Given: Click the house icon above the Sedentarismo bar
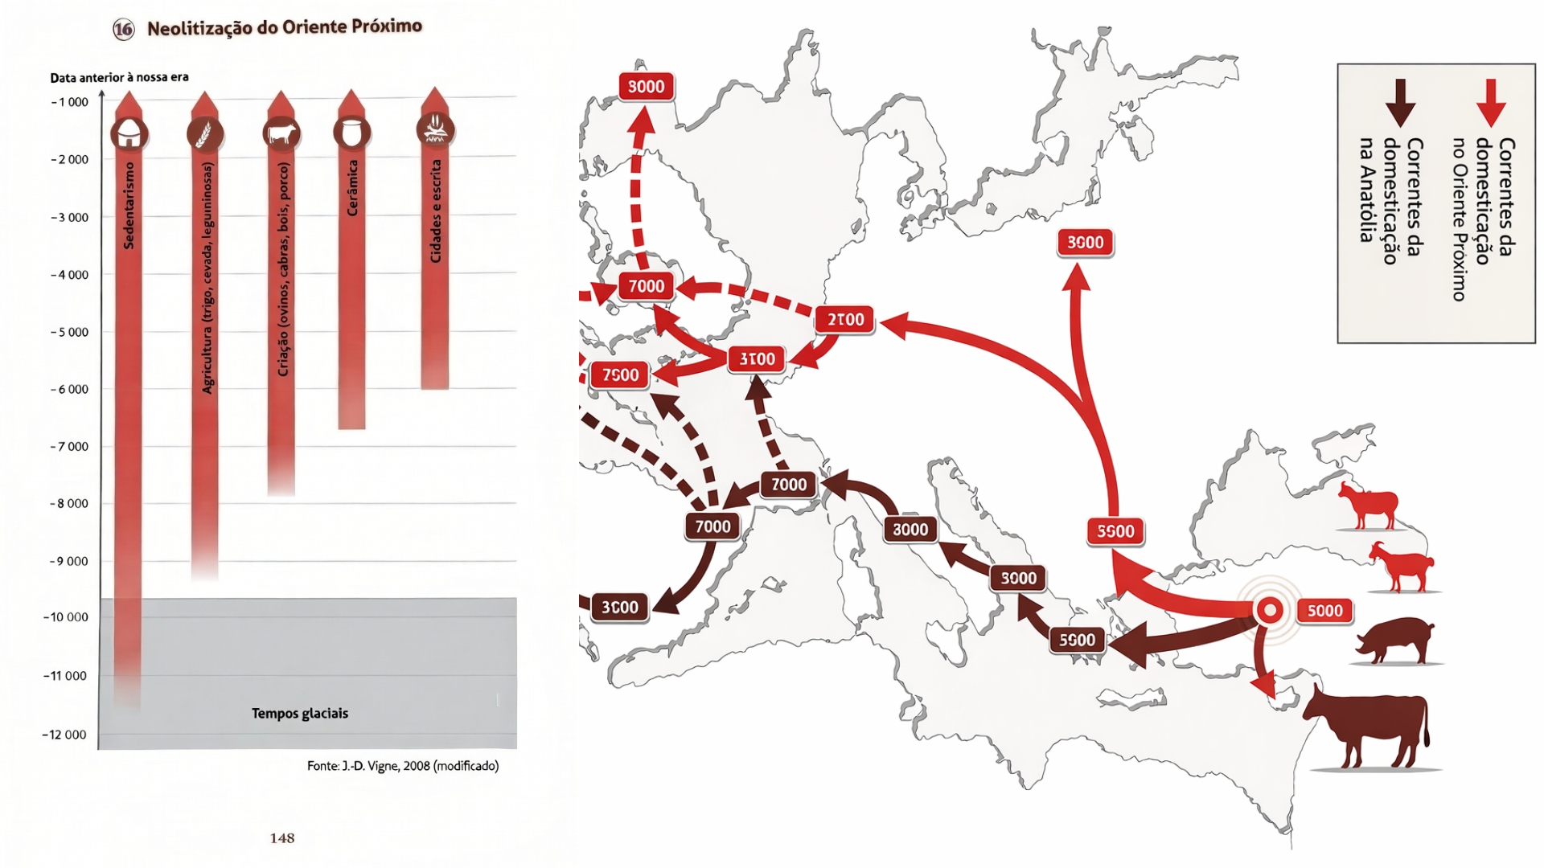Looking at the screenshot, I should coord(129,134).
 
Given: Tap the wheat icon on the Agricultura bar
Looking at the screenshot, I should coord(205,133).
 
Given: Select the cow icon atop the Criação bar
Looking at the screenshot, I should coord(281,133).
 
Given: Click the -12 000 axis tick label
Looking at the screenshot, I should coord(64,735).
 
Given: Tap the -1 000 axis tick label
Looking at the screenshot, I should coord(70,102).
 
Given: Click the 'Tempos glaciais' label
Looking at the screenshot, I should coord(299,714).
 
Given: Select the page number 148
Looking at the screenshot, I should coord(282,838).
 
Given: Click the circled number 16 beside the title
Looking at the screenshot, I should coord(124,30).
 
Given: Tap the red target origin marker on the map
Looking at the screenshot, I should coord(1270,611).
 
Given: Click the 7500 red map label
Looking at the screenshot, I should coord(620,375).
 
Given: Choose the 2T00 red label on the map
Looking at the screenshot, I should coord(845,320).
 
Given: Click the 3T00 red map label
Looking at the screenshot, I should coord(757,359).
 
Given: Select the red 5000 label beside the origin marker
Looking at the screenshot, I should coord(1324,611).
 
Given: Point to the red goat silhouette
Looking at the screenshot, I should coord(1402,567).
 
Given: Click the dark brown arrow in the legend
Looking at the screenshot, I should coord(1400,103).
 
